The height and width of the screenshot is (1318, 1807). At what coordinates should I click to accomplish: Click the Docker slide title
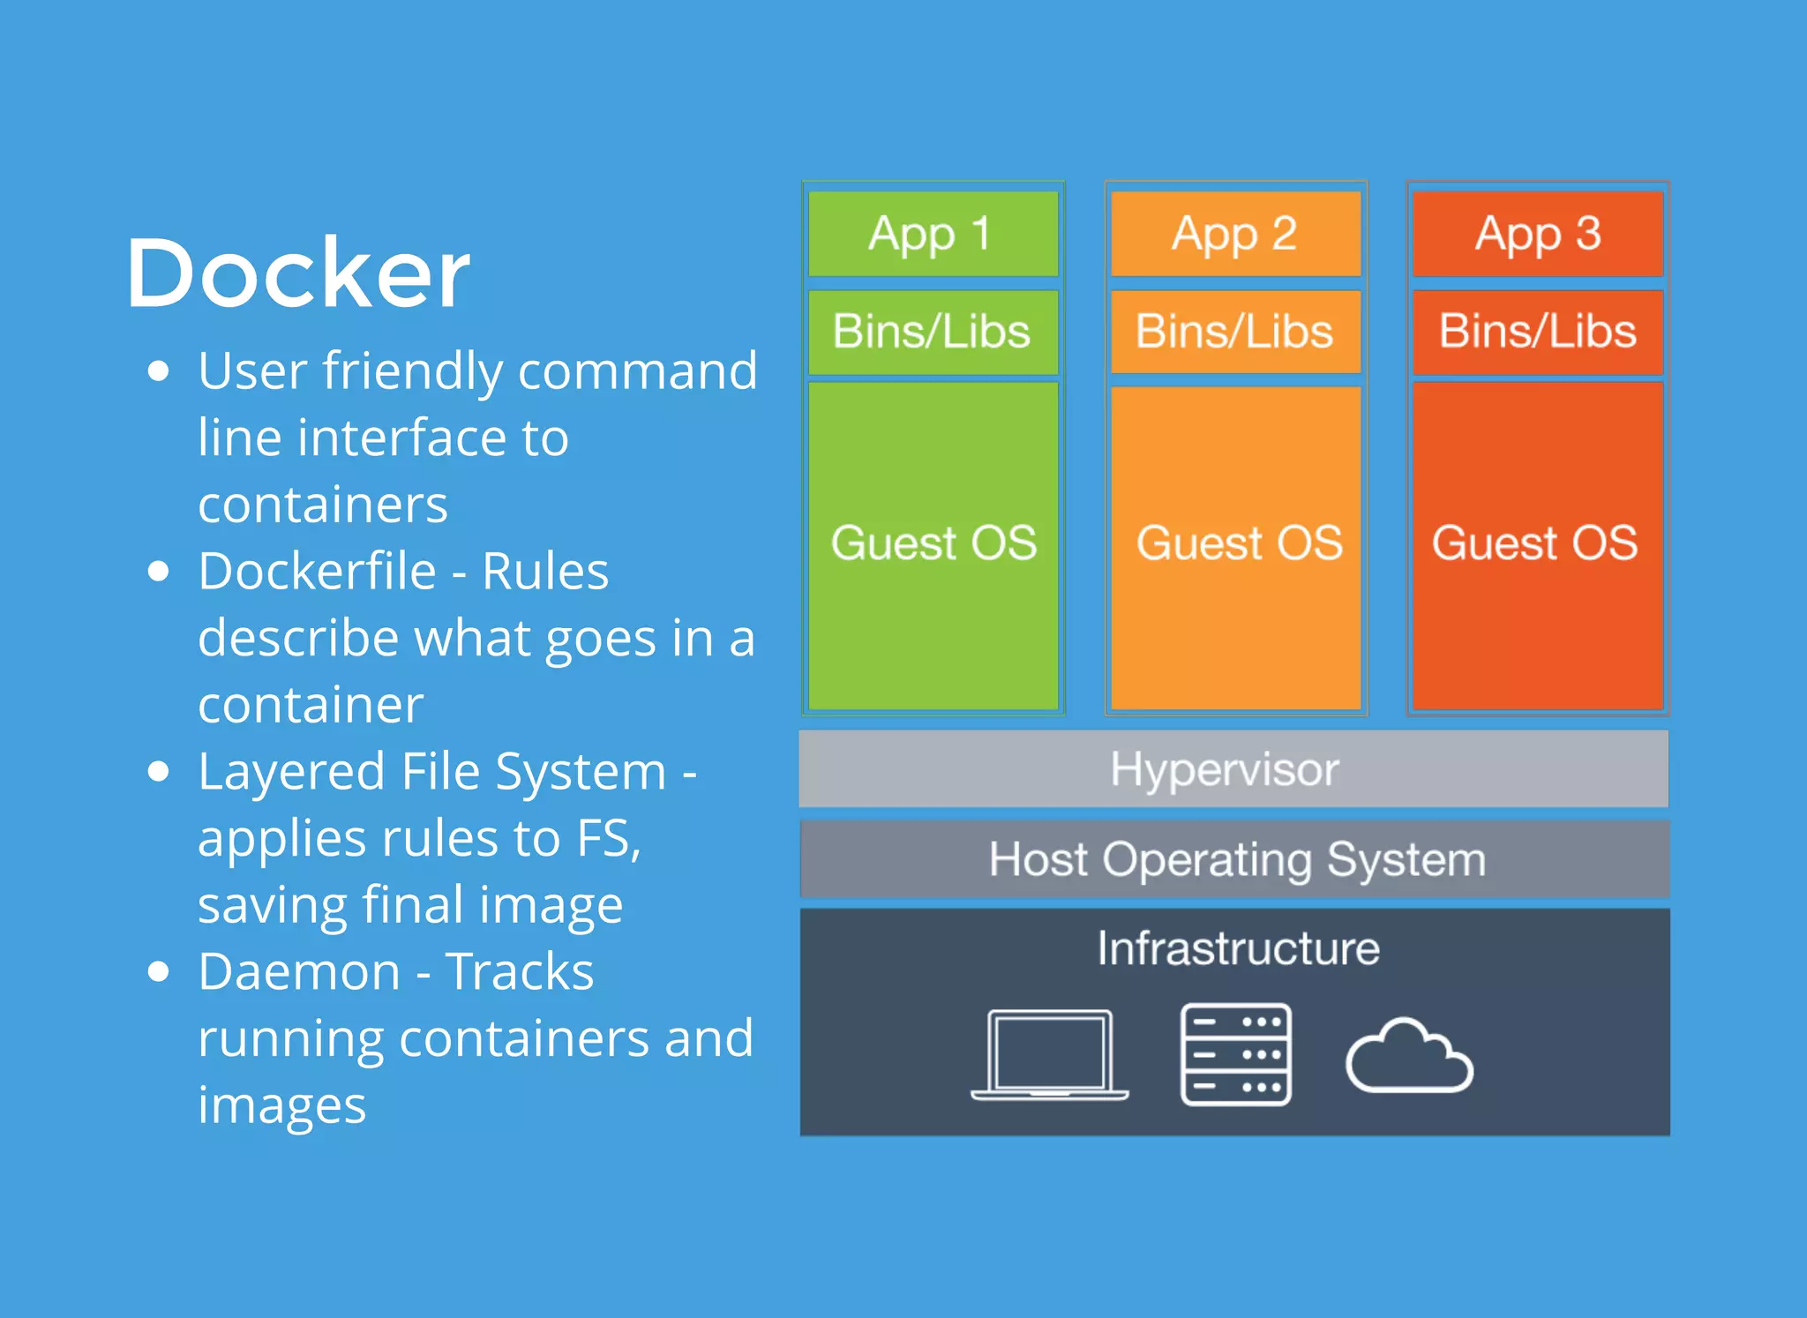click(x=297, y=273)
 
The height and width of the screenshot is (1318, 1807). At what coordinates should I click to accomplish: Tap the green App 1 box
click(x=933, y=234)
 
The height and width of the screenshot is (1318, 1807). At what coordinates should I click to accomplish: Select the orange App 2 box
click(x=1235, y=234)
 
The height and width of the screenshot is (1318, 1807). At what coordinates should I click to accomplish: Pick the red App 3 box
click(x=1538, y=234)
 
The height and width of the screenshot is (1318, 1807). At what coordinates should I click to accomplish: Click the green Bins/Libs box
click(x=933, y=332)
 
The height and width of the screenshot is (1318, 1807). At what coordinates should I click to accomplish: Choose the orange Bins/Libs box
click(x=1235, y=332)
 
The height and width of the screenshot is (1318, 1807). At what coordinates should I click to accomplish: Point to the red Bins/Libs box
click(x=1538, y=332)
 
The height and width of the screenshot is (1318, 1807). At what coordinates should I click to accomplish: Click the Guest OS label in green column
click(x=933, y=543)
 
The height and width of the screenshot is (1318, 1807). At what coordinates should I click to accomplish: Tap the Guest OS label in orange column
click(x=1239, y=543)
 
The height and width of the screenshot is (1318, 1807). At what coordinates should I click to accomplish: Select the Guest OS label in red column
click(x=1534, y=543)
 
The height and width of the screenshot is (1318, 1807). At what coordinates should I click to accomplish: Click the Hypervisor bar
click(x=1233, y=768)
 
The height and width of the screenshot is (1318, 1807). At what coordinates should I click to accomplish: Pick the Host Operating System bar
click(x=1235, y=858)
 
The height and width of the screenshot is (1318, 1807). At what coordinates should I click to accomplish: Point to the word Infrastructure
click(x=1238, y=948)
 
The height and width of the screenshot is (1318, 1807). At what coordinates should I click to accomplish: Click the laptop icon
click(x=1049, y=1054)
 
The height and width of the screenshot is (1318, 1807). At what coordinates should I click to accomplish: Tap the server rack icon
click(x=1235, y=1054)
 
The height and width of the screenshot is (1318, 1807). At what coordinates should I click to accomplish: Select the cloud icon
click(x=1409, y=1057)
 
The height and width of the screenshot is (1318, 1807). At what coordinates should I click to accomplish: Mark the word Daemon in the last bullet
click(x=299, y=971)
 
